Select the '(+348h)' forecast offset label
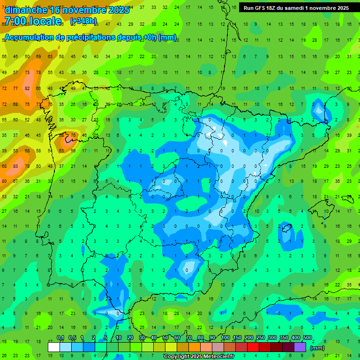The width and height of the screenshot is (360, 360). (83, 21)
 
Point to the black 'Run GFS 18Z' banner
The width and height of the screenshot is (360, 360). (296, 8)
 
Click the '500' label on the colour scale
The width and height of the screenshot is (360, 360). (307, 338)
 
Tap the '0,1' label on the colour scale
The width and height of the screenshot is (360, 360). (60, 338)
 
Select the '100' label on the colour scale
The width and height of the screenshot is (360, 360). (225, 338)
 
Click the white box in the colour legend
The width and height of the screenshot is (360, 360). (54, 347)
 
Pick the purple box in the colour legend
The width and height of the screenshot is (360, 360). (300, 347)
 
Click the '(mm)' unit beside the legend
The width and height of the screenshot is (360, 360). (317, 348)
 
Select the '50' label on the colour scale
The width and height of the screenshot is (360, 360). (165, 338)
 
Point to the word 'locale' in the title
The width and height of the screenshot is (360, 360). (45, 21)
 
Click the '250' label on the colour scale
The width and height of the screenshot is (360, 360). (260, 338)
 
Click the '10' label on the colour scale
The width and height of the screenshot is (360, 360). (119, 338)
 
